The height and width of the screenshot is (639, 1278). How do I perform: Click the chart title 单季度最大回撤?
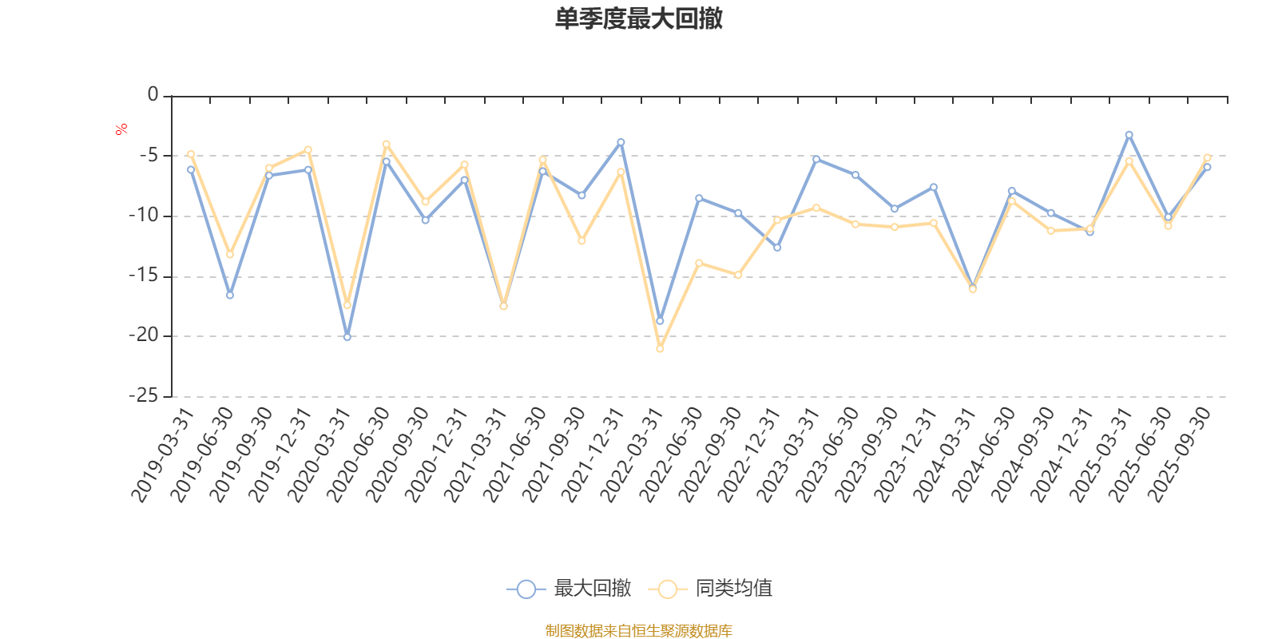pyautogui.click(x=638, y=19)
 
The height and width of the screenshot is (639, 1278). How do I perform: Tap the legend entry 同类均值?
pyautogui.click(x=710, y=589)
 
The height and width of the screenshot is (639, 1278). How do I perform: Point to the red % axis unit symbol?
pyautogui.click(x=121, y=129)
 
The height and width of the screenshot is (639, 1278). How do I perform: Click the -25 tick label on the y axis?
pyautogui.click(x=144, y=395)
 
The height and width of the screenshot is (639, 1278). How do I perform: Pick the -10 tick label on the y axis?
pyautogui.click(x=144, y=216)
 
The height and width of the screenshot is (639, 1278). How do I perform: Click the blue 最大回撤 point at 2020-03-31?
pyautogui.click(x=347, y=337)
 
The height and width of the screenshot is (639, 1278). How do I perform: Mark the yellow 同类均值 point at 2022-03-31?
pyautogui.click(x=660, y=349)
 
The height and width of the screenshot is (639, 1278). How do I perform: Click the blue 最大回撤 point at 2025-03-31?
pyautogui.click(x=1129, y=134)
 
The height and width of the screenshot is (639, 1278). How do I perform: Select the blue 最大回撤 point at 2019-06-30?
pyautogui.click(x=230, y=296)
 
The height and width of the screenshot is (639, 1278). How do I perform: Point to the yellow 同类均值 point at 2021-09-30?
pyautogui.click(x=581, y=241)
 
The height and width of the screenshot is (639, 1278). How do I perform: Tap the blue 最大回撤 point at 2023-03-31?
pyautogui.click(x=816, y=159)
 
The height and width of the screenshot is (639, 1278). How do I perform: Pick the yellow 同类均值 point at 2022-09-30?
pyautogui.click(x=738, y=275)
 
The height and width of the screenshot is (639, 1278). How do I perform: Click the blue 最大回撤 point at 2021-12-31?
pyautogui.click(x=621, y=142)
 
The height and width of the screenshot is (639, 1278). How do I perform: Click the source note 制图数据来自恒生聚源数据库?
pyautogui.click(x=638, y=631)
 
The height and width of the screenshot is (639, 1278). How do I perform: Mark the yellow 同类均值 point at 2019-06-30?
pyautogui.click(x=230, y=255)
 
